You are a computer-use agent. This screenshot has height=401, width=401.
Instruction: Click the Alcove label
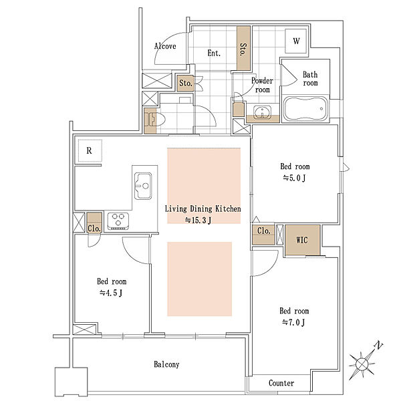(165, 46)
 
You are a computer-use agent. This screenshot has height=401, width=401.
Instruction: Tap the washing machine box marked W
(296, 41)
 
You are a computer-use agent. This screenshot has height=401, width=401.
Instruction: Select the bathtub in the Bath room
(305, 109)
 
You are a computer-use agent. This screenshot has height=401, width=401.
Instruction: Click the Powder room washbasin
(262, 112)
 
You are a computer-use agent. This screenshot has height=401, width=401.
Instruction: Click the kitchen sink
(143, 186)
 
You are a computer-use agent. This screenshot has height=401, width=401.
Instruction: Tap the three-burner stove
(118, 221)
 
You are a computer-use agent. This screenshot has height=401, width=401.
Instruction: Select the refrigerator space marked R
(89, 151)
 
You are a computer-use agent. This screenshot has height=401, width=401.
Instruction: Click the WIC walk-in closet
(302, 240)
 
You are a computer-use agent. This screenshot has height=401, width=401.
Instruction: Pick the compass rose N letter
(378, 346)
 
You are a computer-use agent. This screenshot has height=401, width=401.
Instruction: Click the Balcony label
(166, 364)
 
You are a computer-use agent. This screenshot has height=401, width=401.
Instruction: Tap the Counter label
(281, 383)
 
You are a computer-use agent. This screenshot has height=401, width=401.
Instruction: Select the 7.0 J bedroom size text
(293, 323)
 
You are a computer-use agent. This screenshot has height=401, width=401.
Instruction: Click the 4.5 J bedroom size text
(111, 293)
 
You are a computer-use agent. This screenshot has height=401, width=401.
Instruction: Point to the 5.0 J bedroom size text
(294, 178)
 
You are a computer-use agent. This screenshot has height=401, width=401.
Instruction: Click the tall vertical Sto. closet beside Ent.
(243, 48)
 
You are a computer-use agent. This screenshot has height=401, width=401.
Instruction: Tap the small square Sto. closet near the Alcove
(186, 83)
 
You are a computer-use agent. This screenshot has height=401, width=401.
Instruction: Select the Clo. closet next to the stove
(94, 223)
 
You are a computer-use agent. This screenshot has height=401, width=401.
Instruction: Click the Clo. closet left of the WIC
(263, 234)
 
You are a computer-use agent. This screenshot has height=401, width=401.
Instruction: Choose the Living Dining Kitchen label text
(203, 209)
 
